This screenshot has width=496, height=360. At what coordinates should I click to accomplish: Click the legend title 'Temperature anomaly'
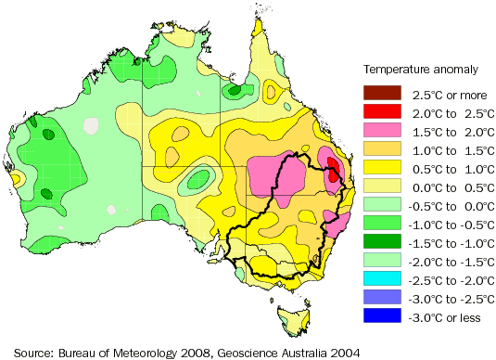(x=420, y=69)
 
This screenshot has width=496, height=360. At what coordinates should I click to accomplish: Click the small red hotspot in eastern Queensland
(x=333, y=166)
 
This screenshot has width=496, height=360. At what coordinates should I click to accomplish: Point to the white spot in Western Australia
(x=90, y=124)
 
